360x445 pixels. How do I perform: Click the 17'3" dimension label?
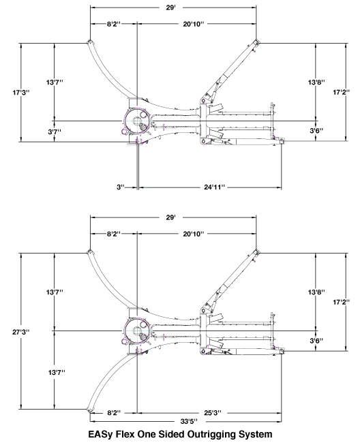(x=21, y=93)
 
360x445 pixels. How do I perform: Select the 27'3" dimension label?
(x=21, y=331)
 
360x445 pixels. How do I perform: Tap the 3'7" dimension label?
(x=55, y=132)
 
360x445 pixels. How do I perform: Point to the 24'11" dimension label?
(x=214, y=187)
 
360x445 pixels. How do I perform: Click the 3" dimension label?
(x=121, y=187)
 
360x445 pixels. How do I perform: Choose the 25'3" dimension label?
(x=213, y=413)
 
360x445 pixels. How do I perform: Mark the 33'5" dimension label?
(x=189, y=421)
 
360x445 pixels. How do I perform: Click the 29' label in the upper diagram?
(x=170, y=7)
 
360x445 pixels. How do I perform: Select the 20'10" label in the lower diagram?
(x=194, y=234)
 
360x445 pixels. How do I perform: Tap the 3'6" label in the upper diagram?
(x=316, y=131)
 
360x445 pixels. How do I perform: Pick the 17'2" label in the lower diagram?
(x=342, y=302)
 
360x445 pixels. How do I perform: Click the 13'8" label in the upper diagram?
(x=316, y=82)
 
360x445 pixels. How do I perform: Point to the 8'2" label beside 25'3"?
(x=114, y=413)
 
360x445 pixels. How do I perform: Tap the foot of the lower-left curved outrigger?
(x=89, y=410)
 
